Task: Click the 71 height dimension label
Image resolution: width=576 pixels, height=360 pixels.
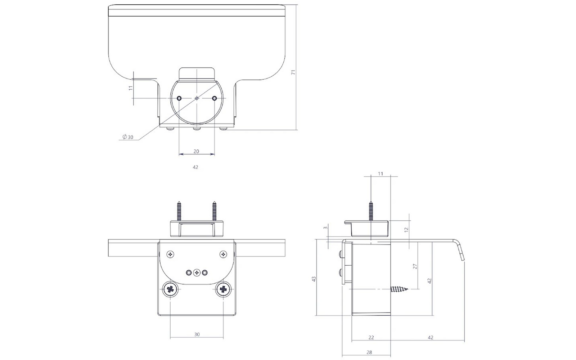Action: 293,72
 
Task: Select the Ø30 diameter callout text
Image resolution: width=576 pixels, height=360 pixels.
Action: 128,137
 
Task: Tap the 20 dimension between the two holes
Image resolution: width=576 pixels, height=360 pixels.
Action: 196,152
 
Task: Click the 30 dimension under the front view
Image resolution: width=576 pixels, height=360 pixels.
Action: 197,334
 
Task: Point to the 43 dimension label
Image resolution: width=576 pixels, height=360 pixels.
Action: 314,279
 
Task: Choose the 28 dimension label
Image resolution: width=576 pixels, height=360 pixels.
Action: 369,352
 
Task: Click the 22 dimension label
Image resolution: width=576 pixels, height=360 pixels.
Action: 371,337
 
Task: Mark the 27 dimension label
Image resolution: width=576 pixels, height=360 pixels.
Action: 415,266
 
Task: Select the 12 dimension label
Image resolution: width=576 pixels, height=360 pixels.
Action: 406,230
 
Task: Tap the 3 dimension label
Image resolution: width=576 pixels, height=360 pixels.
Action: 325,228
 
